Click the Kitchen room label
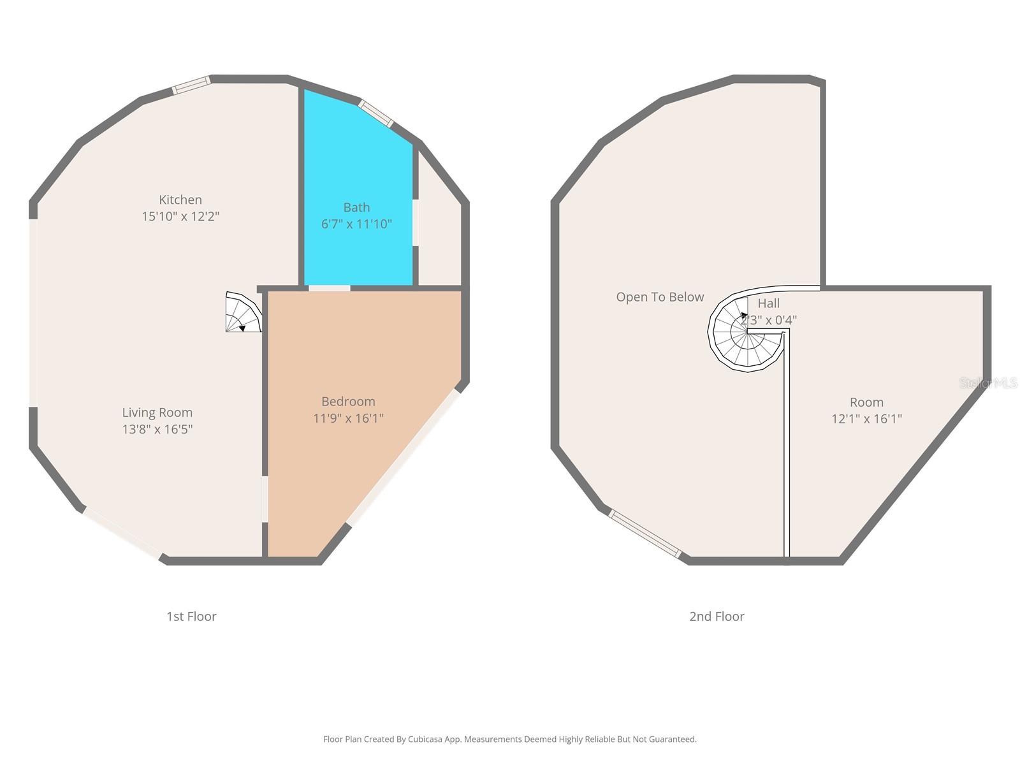click(180, 200)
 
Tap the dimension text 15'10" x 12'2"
click(180, 217)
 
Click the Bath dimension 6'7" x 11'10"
click(356, 224)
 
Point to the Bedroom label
click(348, 401)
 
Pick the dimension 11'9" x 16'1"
click(348, 418)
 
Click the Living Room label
click(157, 412)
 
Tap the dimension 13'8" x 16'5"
click(157, 429)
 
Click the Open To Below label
click(660, 297)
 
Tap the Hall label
click(768, 303)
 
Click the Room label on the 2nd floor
click(866, 402)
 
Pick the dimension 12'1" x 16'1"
click(866, 419)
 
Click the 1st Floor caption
click(191, 616)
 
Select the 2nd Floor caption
click(717, 616)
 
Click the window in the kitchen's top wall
click(192, 85)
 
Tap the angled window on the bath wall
click(375, 113)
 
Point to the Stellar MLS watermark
click(988, 383)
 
